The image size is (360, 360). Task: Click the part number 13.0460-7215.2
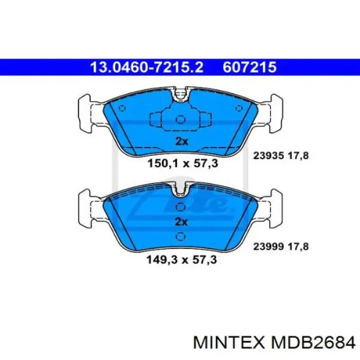coord(147,67)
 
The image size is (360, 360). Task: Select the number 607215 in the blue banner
coord(250,67)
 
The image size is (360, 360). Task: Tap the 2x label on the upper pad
coord(182,141)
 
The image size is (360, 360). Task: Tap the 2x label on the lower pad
coord(181,222)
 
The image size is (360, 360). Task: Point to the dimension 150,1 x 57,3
coord(182,163)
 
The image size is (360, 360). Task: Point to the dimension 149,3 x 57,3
coord(182,260)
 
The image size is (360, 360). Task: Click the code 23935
coord(268,156)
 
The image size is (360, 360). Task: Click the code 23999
coord(268,247)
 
